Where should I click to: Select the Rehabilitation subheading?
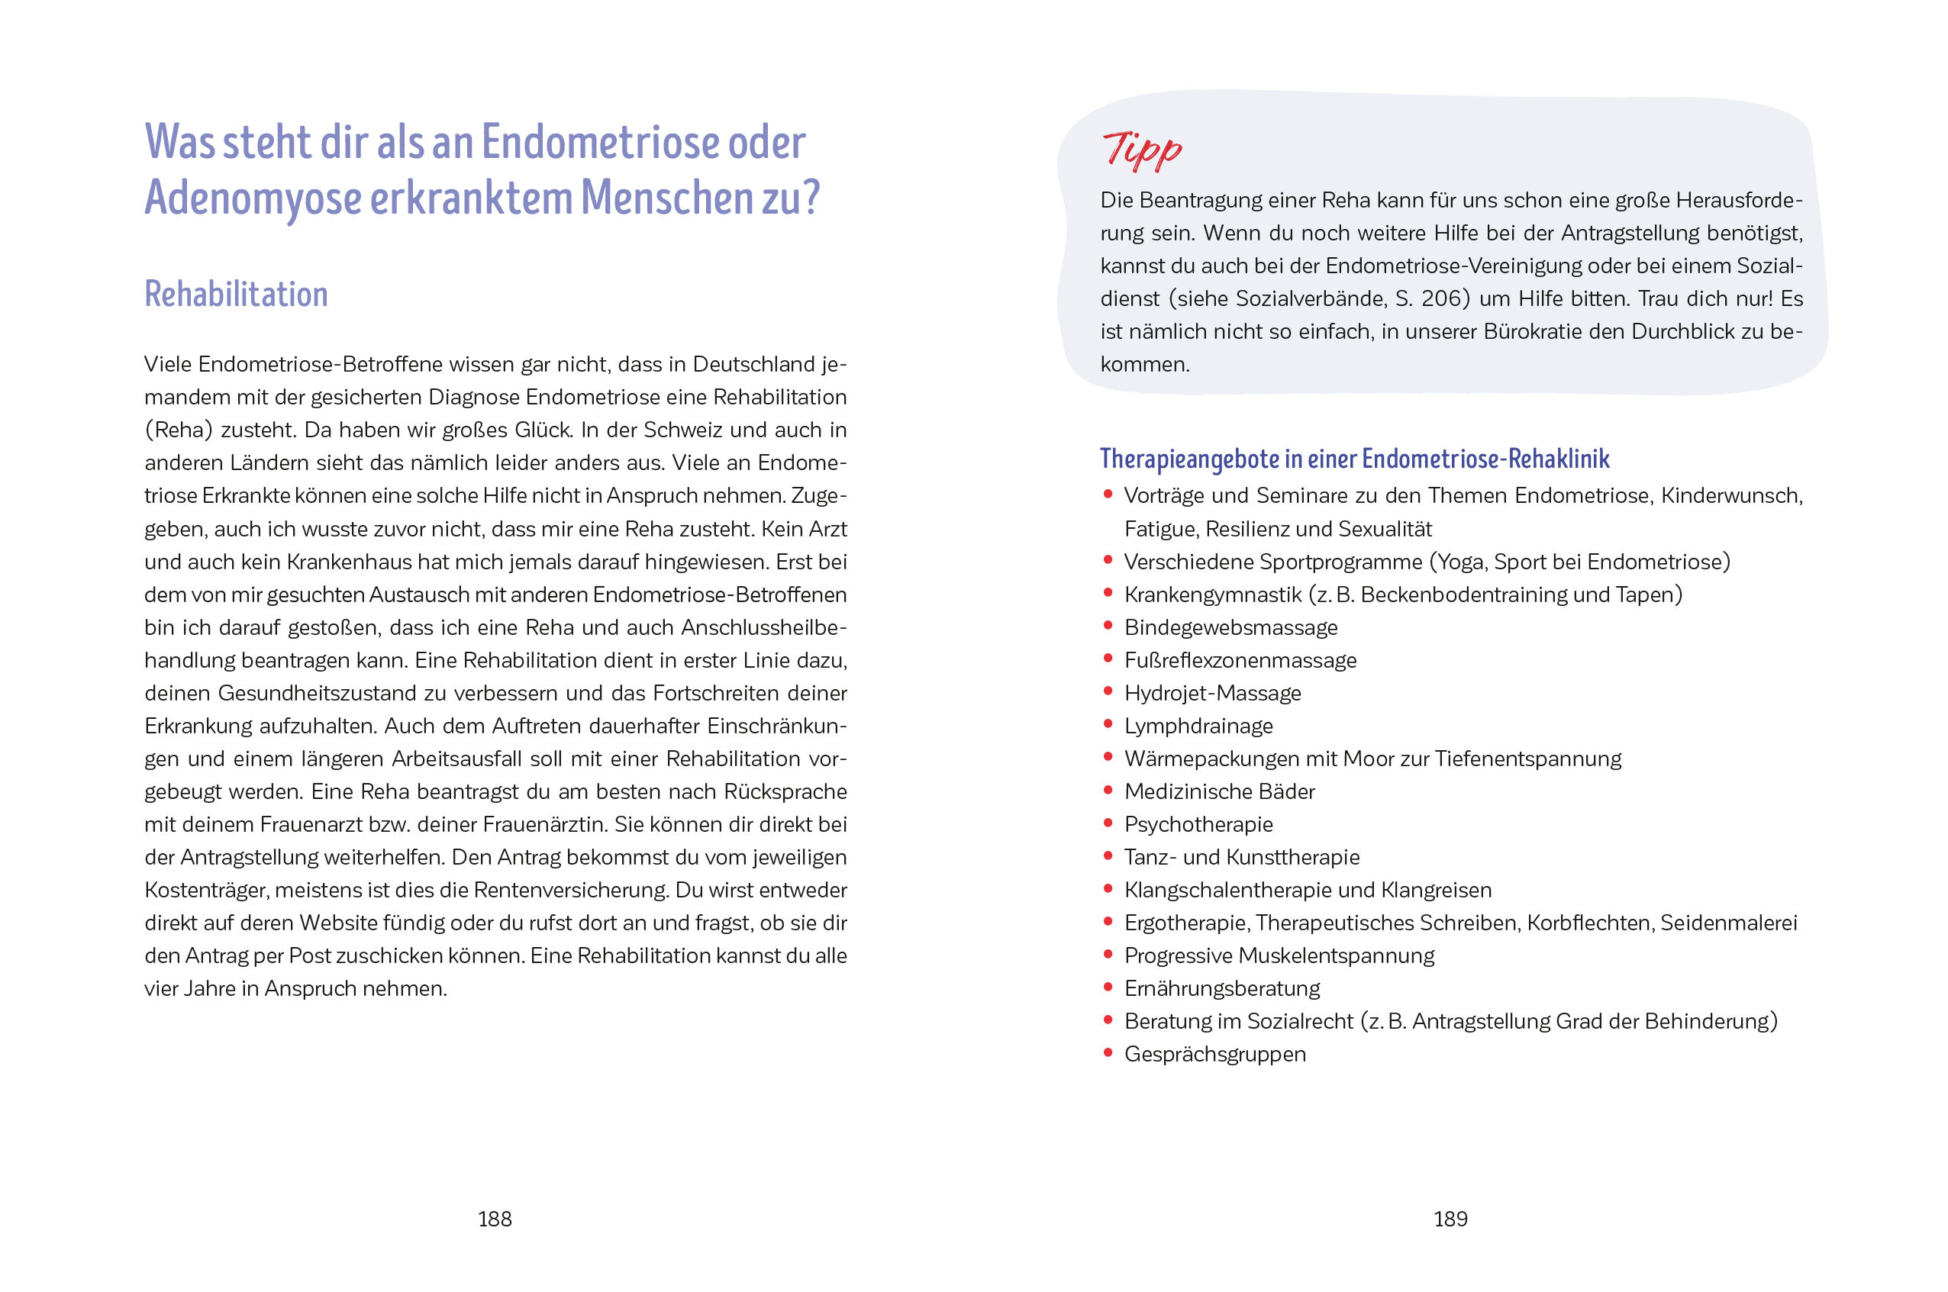236,294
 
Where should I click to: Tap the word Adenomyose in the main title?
253,198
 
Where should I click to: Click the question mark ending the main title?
811,198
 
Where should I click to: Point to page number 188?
495,1219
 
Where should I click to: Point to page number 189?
1450,1219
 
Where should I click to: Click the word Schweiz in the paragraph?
683,430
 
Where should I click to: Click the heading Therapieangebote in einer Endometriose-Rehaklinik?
1354,459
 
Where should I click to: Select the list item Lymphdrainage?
1198,726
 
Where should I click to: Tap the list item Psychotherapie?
1198,824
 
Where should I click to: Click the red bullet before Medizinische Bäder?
1108,790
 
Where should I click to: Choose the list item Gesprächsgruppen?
1214,1054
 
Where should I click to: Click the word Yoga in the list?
1460,562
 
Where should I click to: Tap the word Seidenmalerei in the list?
1728,923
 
